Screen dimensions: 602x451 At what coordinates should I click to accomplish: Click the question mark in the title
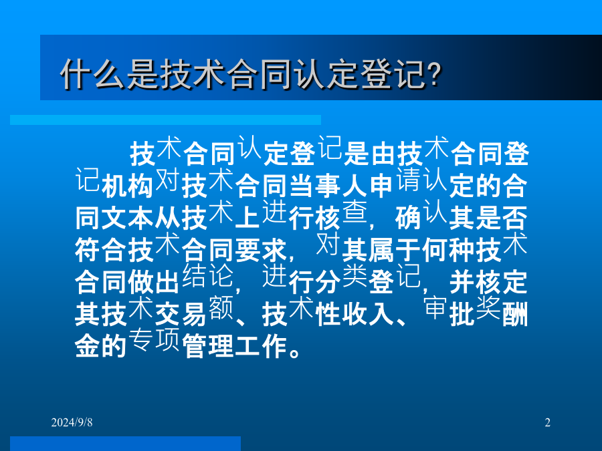coord(435,73)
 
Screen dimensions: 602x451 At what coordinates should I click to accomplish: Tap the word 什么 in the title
coord(93,74)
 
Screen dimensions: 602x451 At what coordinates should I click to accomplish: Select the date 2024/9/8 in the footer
coord(72,422)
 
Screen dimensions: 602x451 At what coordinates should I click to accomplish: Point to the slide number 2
coord(547,422)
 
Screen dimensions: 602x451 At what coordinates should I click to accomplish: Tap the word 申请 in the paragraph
coord(395,182)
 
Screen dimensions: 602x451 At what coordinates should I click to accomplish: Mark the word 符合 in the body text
coord(100,250)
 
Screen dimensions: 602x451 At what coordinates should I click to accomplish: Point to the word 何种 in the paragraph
coord(448,250)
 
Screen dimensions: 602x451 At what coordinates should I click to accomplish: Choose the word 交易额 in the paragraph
coord(194,311)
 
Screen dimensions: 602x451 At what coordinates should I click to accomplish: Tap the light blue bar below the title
coord(165,120)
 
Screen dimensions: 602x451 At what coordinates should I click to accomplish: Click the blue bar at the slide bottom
coord(125,444)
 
